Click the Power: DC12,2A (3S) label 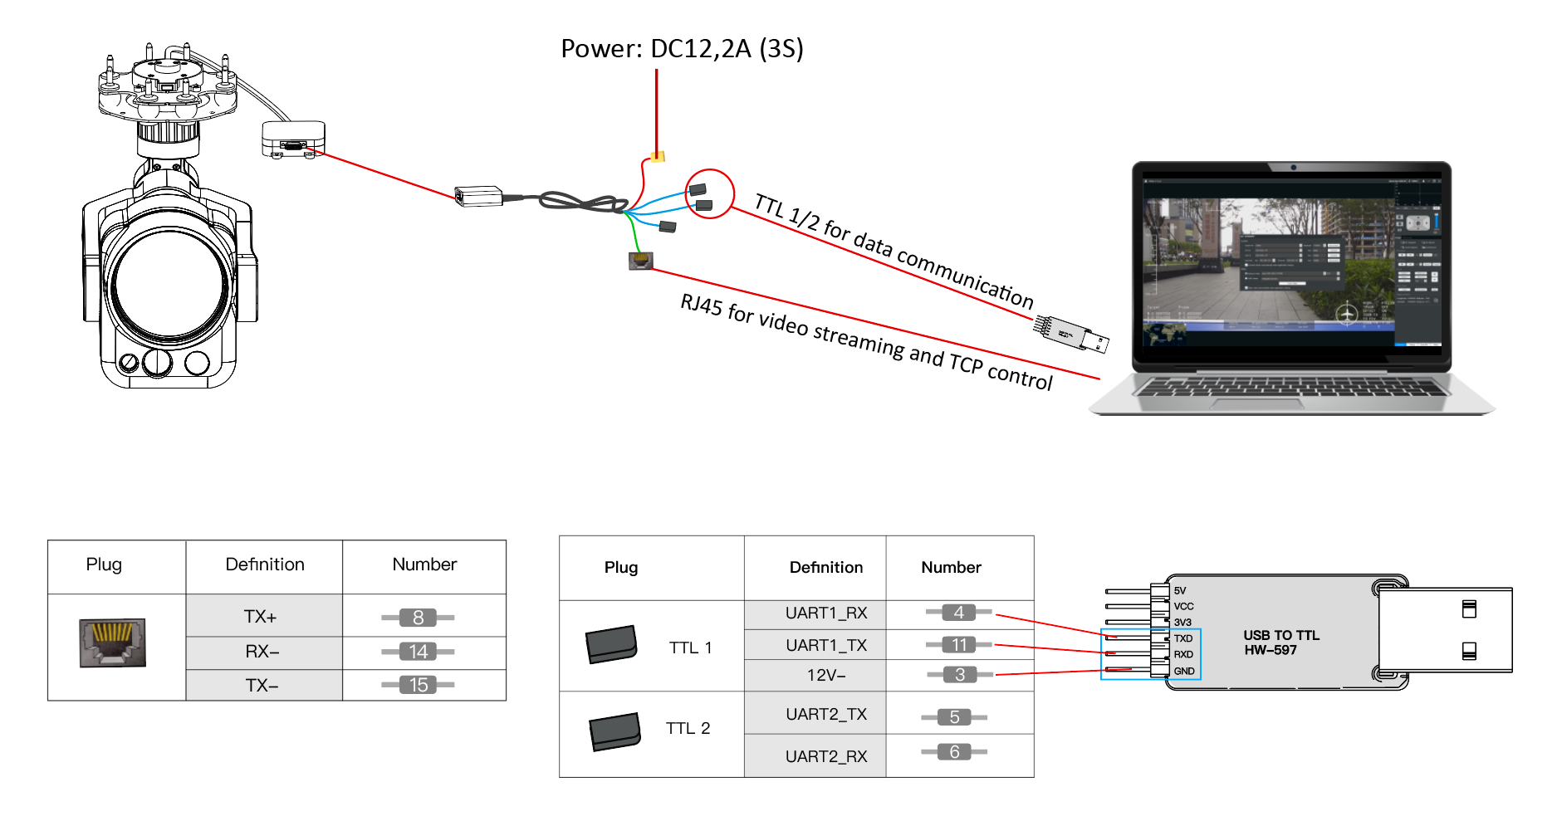(682, 49)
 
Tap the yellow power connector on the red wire (658, 156)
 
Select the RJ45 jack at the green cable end (640, 261)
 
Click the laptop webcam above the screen (1293, 168)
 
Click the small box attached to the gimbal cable (293, 139)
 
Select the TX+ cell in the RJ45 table (261, 617)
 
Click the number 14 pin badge (418, 652)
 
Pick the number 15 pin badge (418, 685)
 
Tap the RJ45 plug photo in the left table (113, 643)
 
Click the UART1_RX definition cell (825, 613)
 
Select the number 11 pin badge (958, 645)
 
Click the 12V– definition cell (825, 675)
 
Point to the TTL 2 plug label (688, 729)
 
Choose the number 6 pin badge (954, 752)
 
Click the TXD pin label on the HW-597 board (1183, 638)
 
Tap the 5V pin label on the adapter (1180, 591)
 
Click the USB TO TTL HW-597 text (1280, 643)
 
